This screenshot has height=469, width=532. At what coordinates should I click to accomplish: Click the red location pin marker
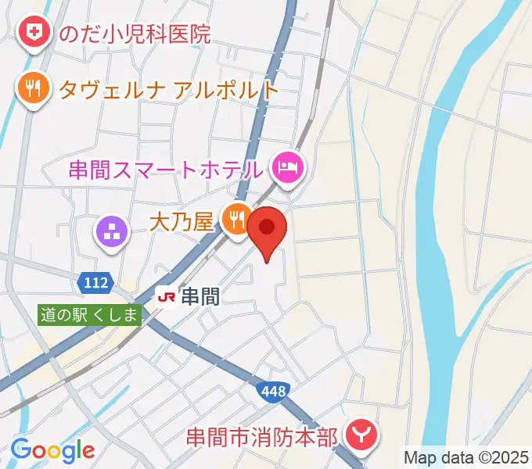pos(268,231)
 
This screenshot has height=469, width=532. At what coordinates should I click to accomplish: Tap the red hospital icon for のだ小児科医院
pos(34,33)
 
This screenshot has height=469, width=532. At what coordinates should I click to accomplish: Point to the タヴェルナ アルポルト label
pos(168,89)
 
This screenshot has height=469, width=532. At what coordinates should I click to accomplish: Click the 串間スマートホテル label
pos(164,168)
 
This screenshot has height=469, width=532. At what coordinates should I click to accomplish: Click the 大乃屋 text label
pos(182,223)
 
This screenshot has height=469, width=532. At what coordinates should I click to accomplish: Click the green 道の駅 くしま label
pos(91,315)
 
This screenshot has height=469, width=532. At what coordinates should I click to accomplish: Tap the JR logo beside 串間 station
pos(167,296)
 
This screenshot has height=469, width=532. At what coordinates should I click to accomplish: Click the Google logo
pos(52,450)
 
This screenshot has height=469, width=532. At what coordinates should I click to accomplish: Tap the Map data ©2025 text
pos(466,456)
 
